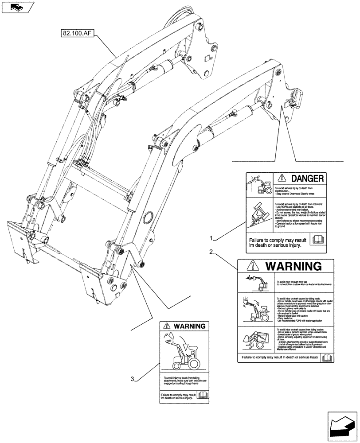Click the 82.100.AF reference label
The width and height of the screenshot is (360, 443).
(75, 32)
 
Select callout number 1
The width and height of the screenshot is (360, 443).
(214, 238)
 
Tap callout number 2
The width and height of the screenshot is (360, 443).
(212, 253)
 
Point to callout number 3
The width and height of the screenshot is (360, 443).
(133, 378)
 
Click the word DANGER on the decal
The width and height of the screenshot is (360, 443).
(301, 179)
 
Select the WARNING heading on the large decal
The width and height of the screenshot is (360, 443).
(293, 266)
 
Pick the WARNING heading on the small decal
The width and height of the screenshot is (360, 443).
(189, 326)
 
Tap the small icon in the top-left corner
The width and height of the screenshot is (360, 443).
(16, 7)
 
